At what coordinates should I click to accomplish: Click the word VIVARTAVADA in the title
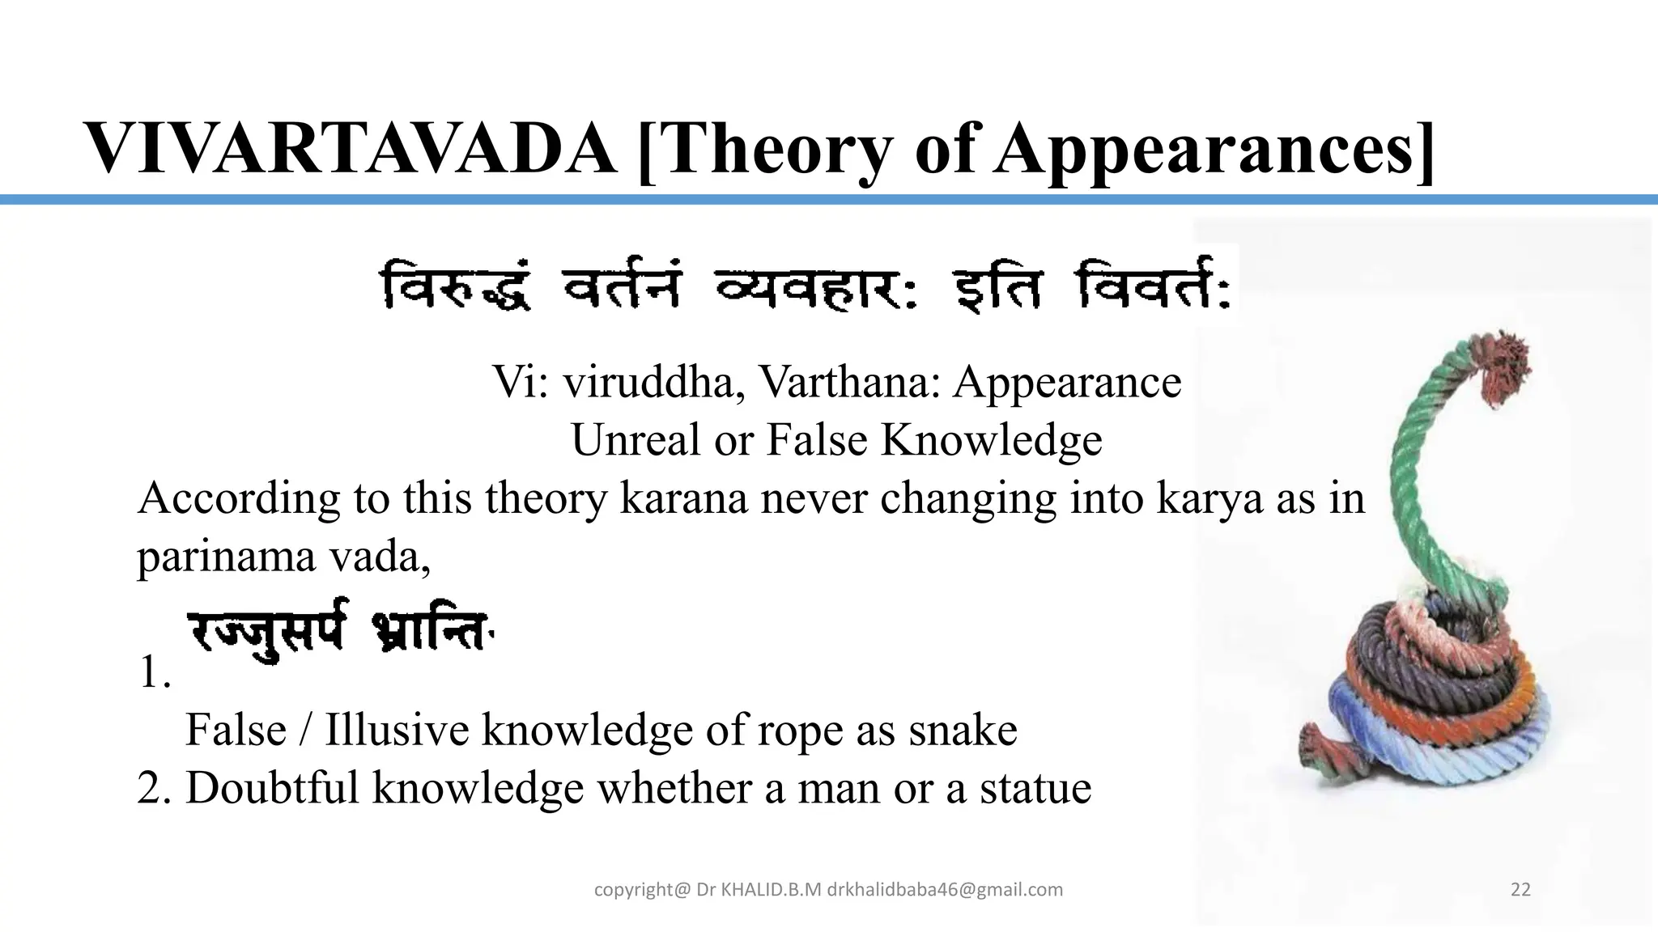click(x=350, y=149)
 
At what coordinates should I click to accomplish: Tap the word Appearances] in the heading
click(x=1214, y=149)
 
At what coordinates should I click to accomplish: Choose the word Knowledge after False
click(x=991, y=440)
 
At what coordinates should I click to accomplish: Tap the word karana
click(x=683, y=498)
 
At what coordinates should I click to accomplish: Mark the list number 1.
click(x=154, y=671)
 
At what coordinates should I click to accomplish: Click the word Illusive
click(x=397, y=730)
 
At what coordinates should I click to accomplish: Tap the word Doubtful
click(x=272, y=788)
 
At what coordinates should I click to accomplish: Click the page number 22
click(x=1520, y=890)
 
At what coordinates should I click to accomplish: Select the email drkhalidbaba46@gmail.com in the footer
click(x=945, y=890)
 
